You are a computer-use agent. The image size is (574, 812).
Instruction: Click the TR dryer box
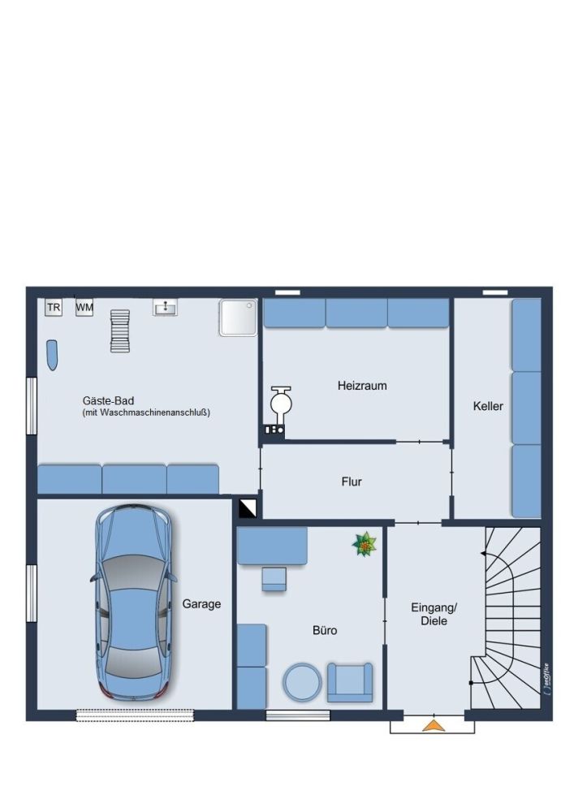(54, 308)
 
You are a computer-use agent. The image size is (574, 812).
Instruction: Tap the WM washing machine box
(84, 308)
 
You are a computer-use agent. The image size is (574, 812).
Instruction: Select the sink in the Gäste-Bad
(165, 308)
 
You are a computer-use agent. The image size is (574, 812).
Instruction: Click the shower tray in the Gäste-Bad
(238, 317)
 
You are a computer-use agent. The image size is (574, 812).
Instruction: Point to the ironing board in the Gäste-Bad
(52, 356)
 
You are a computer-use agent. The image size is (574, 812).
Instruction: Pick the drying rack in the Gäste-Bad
(120, 331)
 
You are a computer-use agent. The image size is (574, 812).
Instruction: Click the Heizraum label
(362, 386)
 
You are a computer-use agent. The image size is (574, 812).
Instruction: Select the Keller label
(488, 407)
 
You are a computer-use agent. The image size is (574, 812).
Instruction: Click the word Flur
(352, 482)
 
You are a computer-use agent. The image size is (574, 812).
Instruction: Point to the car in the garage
(133, 603)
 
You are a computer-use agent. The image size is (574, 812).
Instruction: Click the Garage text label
(201, 604)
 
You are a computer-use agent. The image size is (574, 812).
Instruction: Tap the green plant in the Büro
(365, 544)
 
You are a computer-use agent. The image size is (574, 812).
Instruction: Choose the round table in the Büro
(302, 682)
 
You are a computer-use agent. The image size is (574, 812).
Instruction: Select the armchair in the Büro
(349, 683)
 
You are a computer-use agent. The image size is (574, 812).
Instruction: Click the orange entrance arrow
(434, 726)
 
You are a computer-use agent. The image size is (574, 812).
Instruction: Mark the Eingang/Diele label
(434, 614)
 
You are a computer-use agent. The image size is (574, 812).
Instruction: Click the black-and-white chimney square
(248, 508)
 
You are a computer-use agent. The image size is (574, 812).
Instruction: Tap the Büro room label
(325, 630)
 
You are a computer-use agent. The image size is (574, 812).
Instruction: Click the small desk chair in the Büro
(274, 579)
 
